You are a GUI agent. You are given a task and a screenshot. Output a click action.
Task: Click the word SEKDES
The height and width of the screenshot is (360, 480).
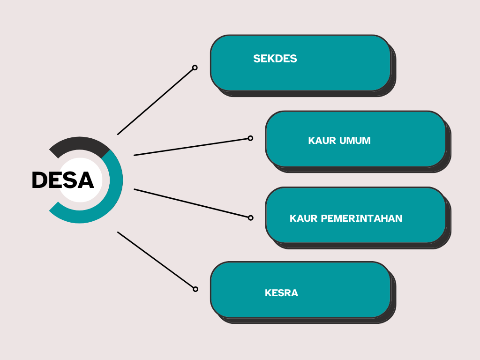[275, 59]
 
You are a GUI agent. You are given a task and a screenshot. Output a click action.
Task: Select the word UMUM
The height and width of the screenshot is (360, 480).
[355, 141]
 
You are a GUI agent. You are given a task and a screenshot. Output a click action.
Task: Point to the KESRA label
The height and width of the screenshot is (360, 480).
[281, 293]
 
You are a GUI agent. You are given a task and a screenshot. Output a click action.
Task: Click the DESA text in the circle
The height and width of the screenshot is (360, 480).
[63, 180]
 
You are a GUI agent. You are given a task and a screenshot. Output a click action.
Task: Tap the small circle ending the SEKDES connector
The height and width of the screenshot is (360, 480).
[195, 67]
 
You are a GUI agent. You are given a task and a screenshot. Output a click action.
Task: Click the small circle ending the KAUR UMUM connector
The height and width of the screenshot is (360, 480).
[250, 138]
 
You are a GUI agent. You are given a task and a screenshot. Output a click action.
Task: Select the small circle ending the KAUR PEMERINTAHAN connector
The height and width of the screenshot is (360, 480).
[250, 218]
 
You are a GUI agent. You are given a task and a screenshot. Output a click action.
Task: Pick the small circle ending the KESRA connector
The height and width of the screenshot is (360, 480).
[195, 289]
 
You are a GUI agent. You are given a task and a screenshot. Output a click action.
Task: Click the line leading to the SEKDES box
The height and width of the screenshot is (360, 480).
[155, 102]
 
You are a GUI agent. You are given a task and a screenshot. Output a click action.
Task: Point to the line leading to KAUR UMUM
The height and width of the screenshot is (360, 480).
[191, 147]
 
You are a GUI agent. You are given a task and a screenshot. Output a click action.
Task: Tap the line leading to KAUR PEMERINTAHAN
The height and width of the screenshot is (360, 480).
[191, 203]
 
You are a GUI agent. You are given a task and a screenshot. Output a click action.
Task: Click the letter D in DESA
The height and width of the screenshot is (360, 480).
[39, 180]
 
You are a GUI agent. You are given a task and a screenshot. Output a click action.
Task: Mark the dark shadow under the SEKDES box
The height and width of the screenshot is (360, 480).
[306, 94]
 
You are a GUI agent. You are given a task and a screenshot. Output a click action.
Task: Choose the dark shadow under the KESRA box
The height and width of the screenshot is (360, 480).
[306, 321]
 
